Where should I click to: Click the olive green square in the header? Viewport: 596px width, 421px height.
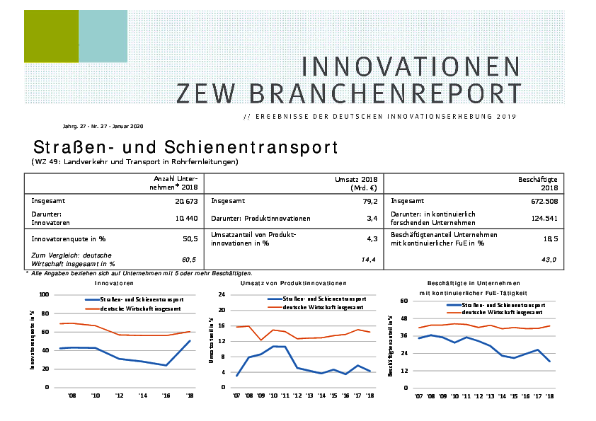click(51, 36)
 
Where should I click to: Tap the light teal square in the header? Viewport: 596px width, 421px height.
click(103, 36)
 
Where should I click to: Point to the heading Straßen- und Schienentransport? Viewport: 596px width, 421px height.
click(185, 147)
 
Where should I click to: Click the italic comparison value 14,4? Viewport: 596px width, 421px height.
click(369, 260)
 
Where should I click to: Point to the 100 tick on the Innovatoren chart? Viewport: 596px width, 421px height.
click(44, 294)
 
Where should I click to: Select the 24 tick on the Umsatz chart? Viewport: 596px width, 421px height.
click(221, 294)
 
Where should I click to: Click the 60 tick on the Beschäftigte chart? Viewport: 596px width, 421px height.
click(405, 301)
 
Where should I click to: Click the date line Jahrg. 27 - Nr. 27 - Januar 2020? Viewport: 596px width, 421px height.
click(103, 127)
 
